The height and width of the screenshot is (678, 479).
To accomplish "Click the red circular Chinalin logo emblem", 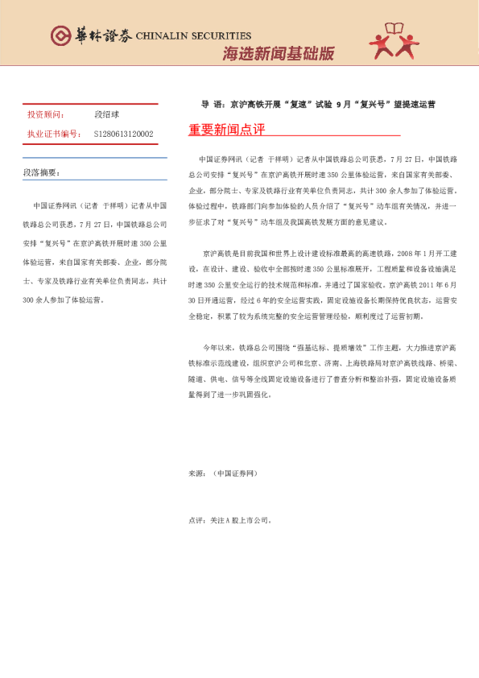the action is (60, 35).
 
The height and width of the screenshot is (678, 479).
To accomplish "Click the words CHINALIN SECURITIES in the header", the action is (193, 35).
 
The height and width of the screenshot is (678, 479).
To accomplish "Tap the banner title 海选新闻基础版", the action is (278, 55).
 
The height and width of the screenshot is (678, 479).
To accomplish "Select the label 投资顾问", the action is (46, 115).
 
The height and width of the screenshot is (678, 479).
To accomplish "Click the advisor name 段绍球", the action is (108, 115).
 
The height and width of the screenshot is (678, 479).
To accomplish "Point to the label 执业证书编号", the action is (54, 134).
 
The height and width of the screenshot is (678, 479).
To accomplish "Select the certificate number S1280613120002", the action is (123, 134).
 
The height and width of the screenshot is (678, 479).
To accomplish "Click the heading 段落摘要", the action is (41, 172).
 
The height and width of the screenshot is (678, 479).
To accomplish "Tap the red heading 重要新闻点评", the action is (226, 130).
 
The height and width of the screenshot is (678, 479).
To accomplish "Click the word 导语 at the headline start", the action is (211, 105).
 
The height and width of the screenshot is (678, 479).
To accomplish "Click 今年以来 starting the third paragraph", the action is (217, 348).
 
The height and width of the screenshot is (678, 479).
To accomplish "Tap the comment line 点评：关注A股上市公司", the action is (229, 520).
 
